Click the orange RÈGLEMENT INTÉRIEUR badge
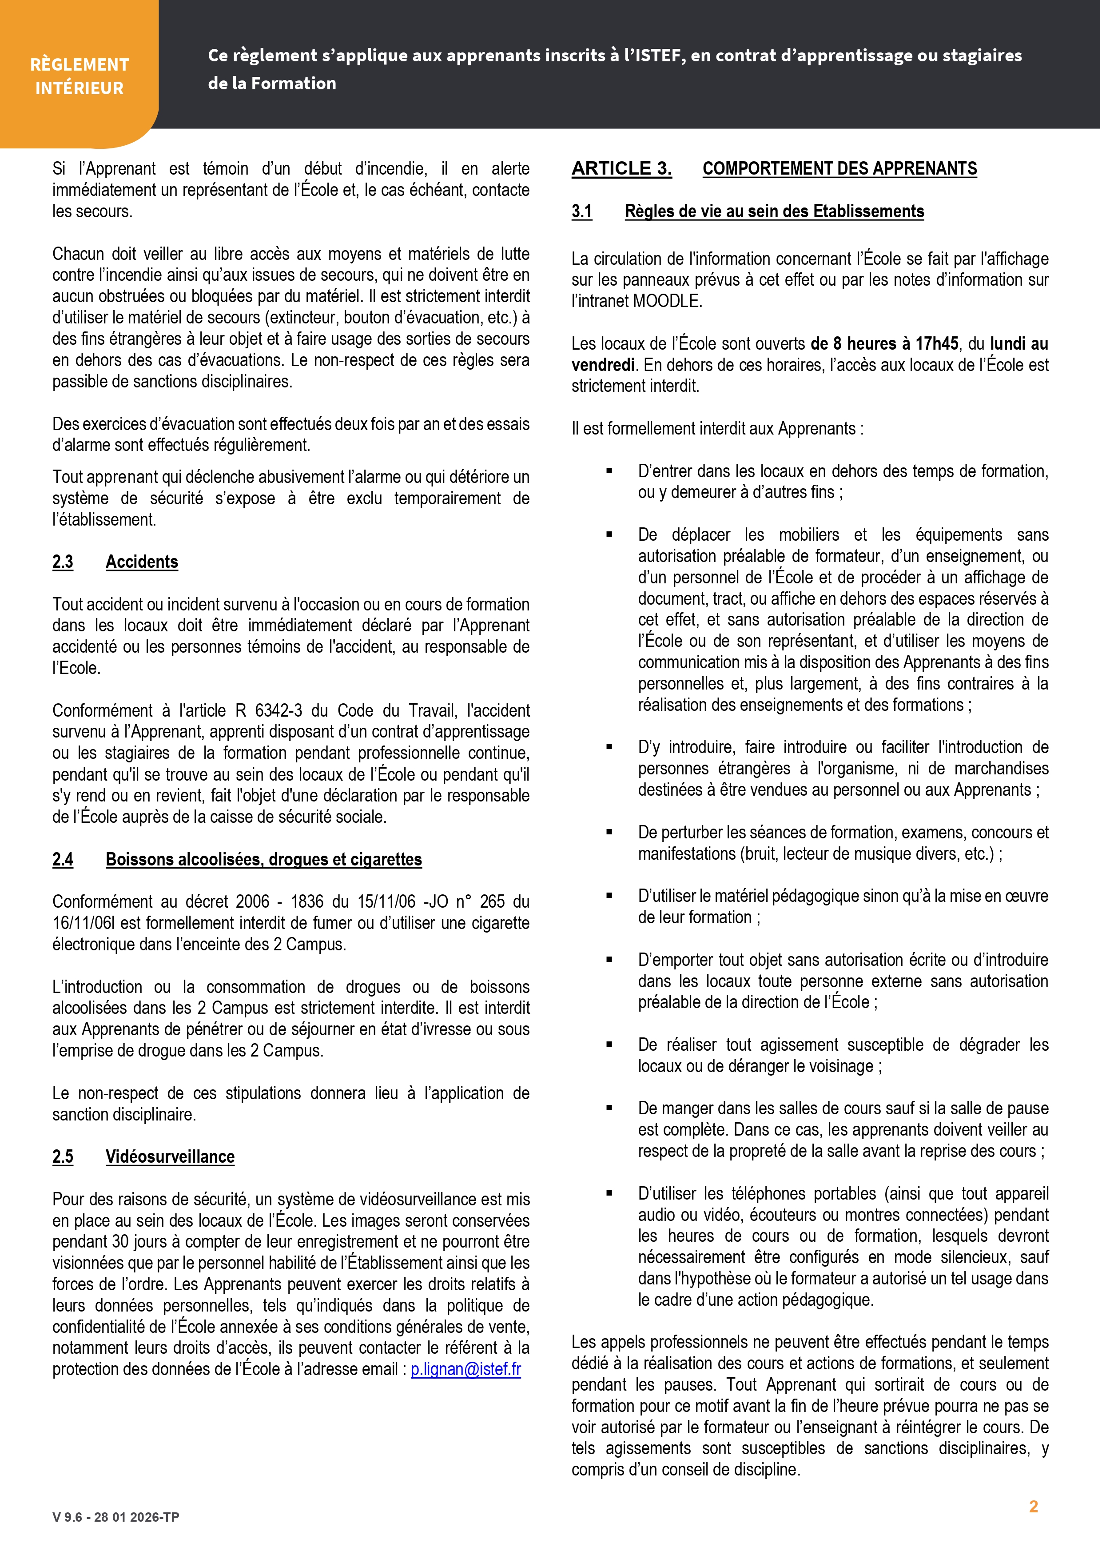pos(80,76)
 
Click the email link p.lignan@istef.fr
pos(466,1369)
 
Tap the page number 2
pos(1034,1507)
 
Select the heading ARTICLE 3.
pos(621,168)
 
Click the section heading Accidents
pos(142,562)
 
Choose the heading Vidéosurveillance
pos(170,1156)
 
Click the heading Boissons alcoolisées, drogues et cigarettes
pos(263,859)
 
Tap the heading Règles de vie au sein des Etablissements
pos(774,211)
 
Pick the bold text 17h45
pos(937,343)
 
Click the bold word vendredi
pos(602,365)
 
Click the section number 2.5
pos(63,1156)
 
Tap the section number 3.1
pos(581,211)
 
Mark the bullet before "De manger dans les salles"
pos(609,1108)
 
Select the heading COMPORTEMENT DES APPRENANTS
pos(839,168)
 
